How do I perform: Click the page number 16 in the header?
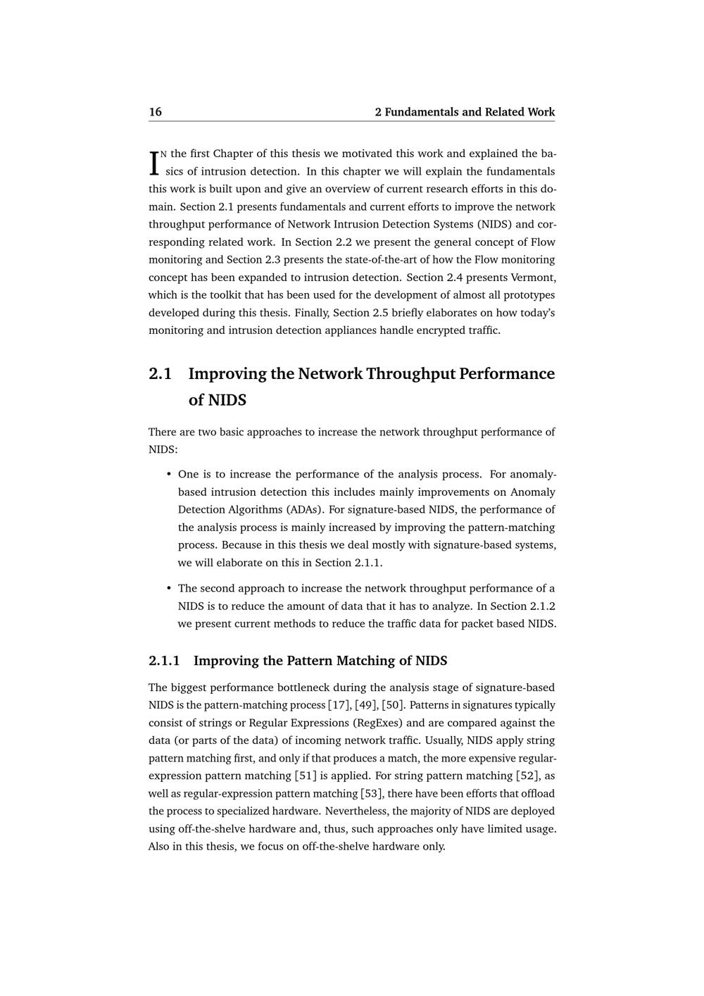pos(155,112)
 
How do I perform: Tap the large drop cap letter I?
pos(153,163)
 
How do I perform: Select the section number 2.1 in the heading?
pos(161,373)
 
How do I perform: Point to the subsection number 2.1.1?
pos(164,661)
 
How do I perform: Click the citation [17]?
pos(339,705)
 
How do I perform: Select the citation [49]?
pos(365,705)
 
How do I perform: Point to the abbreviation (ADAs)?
pos(306,509)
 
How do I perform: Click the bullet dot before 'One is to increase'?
pos(169,474)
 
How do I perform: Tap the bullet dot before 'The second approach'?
pos(169,588)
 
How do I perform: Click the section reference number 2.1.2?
pos(541,606)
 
